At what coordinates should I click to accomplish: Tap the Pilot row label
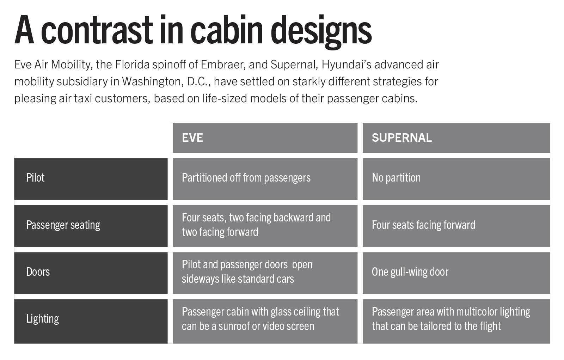[x=35, y=178]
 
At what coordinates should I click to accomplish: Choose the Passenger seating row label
[x=63, y=225]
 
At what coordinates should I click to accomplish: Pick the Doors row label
[x=38, y=272]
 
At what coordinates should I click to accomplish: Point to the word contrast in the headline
[x=97, y=31]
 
